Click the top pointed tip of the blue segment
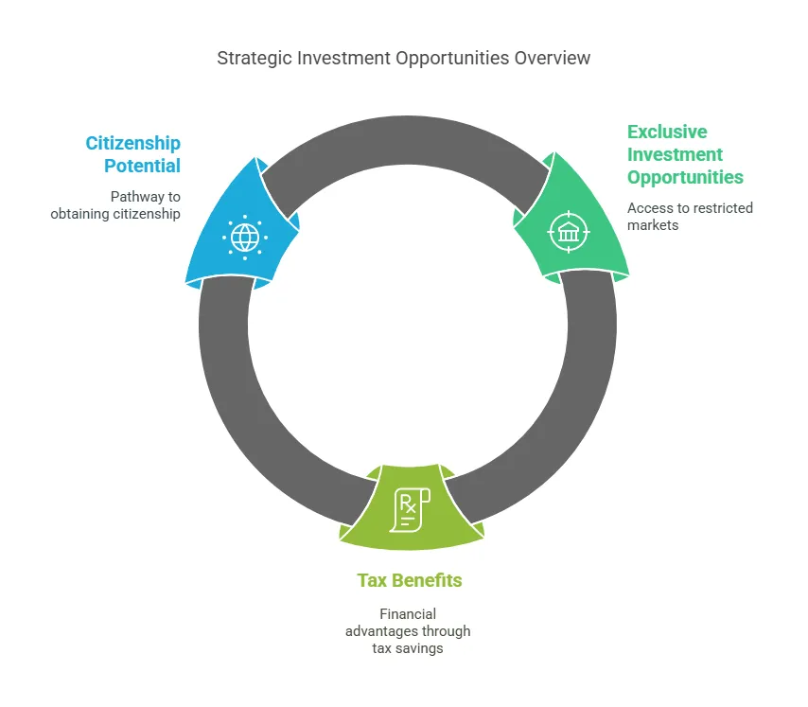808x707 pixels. [256, 157]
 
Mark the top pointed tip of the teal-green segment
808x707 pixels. [555, 152]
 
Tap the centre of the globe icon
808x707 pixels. [245, 238]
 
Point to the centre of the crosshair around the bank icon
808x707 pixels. [569, 233]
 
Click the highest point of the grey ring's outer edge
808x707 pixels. [407, 116]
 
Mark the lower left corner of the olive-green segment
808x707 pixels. [339, 539]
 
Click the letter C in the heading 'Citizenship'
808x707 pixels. [92, 143]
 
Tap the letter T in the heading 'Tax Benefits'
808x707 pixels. [362, 581]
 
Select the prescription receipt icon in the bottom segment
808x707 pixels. [410, 510]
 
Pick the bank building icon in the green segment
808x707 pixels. [569, 233]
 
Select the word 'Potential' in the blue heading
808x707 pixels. [142, 166]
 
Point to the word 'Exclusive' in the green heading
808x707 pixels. [667, 132]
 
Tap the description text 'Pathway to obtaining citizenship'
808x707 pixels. [115, 205]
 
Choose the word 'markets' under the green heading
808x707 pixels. [653, 225]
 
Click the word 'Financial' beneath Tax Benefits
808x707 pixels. [408, 614]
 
